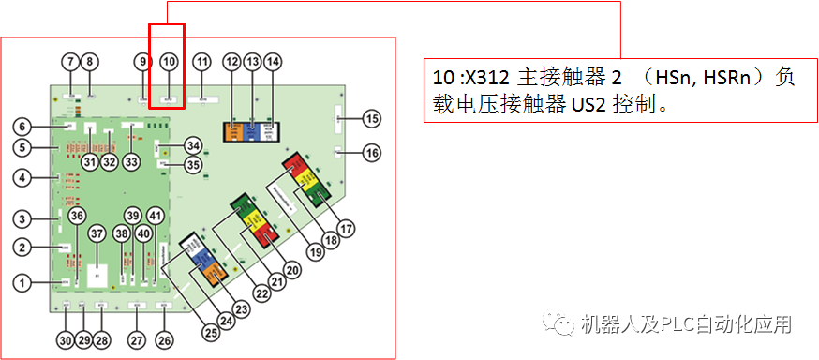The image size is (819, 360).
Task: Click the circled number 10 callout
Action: pos(169,62)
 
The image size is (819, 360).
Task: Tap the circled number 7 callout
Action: pos(70,62)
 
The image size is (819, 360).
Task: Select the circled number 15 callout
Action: pos(373,118)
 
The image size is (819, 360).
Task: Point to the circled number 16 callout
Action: pos(373,152)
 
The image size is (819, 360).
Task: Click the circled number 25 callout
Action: pos(212,330)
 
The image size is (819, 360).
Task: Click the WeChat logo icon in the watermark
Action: pos(562,324)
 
